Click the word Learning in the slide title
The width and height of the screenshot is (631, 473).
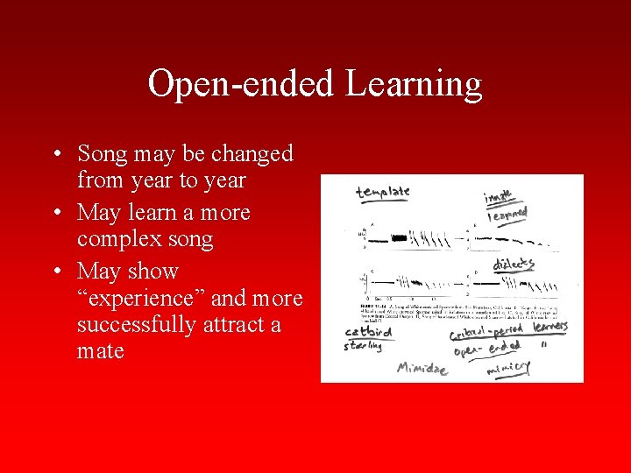point(414,85)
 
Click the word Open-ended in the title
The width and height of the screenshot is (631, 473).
point(240,85)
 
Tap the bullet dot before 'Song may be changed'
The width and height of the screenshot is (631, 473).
point(55,155)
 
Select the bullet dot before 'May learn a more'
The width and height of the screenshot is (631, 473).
point(55,214)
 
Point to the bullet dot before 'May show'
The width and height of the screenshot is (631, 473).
point(55,272)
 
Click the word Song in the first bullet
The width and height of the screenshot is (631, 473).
point(103,154)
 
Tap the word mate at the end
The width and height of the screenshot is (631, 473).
point(100,352)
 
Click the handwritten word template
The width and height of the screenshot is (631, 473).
point(382,192)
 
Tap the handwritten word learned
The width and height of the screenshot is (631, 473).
point(507,213)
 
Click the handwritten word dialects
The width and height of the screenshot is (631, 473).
point(514,264)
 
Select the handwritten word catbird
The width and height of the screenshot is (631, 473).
point(368,333)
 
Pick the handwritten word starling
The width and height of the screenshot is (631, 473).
point(363,347)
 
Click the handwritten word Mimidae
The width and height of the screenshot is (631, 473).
point(422,368)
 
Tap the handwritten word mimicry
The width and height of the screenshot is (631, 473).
point(508,370)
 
